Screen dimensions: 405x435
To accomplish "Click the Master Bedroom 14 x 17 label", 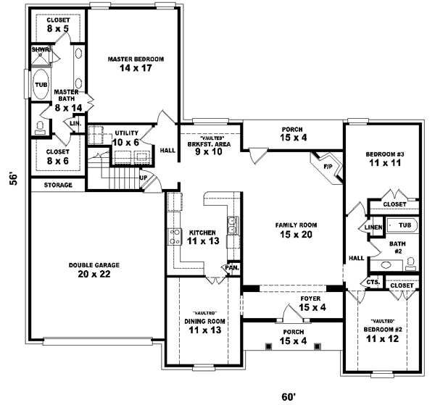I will [x=136, y=64].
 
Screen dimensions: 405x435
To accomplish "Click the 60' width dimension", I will [x=289, y=396].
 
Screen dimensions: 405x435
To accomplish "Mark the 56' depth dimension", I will [x=13, y=178].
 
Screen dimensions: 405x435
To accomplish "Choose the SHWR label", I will [x=39, y=50].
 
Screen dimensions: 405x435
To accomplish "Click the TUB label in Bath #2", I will [x=404, y=226].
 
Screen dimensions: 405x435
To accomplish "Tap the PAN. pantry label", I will [x=232, y=267].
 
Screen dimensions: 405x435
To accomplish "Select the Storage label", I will [x=58, y=185].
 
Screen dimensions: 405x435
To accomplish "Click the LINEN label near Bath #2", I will [x=373, y=227].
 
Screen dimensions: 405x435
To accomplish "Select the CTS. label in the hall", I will [x=374, y=282].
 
